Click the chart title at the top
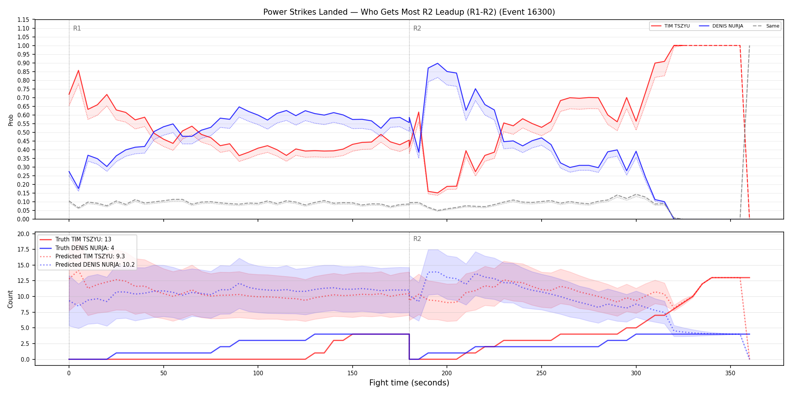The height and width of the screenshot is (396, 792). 409,12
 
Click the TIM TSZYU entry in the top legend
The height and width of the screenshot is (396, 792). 670,26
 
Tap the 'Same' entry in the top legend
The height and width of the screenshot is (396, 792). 766,26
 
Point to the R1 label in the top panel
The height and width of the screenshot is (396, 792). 77,28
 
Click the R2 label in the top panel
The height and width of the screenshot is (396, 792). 417,28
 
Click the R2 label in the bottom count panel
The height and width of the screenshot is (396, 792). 417,239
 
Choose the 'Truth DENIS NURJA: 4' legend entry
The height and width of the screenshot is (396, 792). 77,248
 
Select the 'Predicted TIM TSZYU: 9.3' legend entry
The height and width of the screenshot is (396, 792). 82,256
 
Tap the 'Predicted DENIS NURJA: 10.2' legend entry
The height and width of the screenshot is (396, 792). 87,265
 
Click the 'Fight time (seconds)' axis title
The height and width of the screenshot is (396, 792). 409,383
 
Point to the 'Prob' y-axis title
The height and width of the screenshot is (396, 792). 11,120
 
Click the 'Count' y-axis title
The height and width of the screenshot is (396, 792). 10,299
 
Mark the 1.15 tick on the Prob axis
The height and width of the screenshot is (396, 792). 23,20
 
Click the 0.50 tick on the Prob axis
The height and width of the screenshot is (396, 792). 23,132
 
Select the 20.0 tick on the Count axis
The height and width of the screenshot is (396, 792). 23,234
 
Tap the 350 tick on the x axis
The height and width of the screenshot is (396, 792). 731,373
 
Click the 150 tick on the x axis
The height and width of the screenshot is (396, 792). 353,373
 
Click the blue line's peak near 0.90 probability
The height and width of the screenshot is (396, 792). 437,63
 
